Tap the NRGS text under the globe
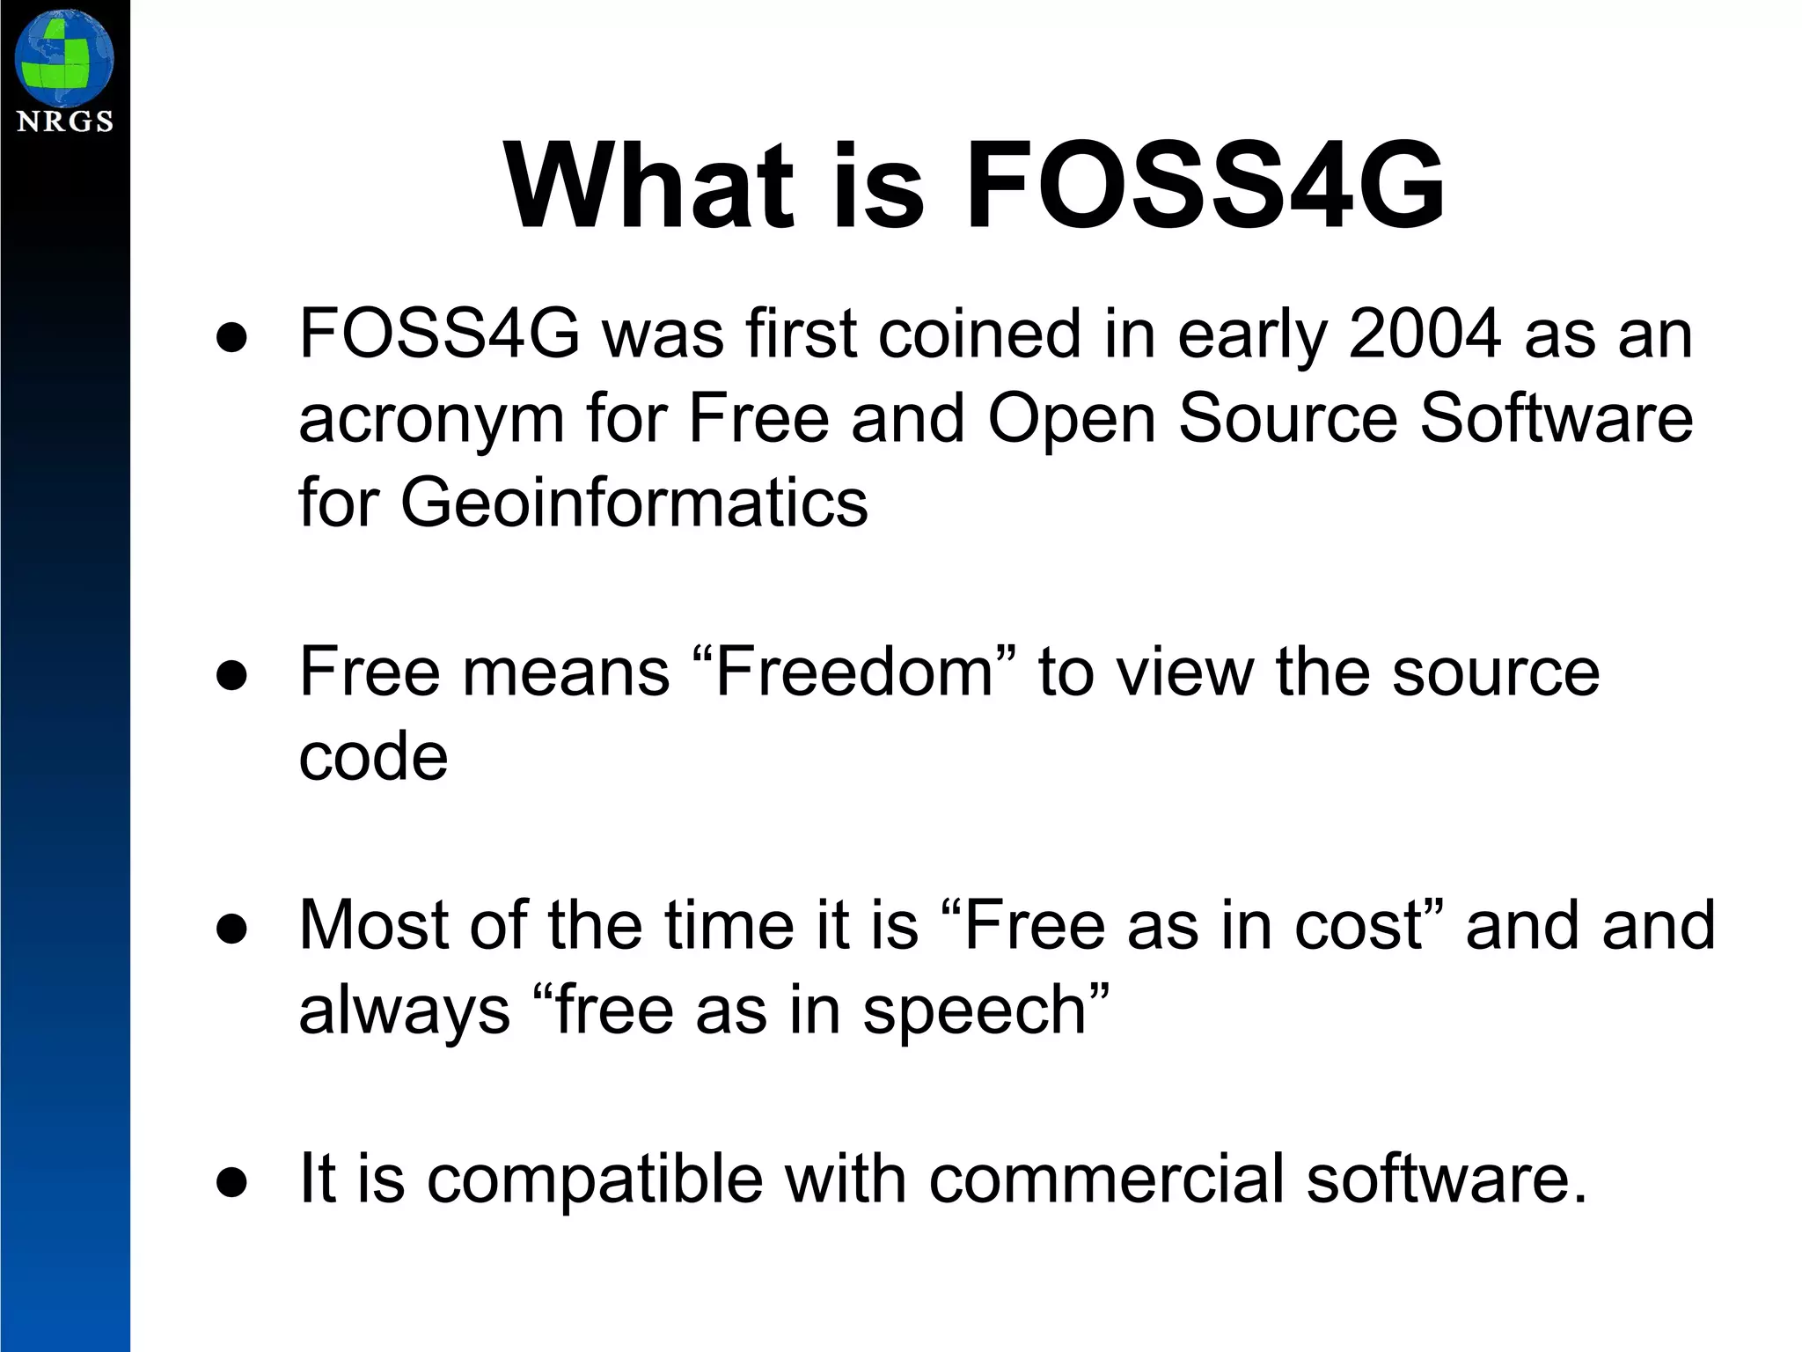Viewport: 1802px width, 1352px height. pyautogui.click(x=65, y=121)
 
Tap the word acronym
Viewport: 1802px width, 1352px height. pyautogui.click(x=430, y=420)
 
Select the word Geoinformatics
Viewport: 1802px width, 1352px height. pyautogui.click(x=634, y=503)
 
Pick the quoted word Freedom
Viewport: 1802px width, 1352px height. pyautogui.click(x=855, y=672)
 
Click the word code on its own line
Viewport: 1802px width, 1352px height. pyautogui.click(x=373, y=756)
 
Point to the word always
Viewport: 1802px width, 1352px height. pyautogui.click(x=404, y=1011)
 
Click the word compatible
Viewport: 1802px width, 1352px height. pyautogui.click(x=595, y=1179)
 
